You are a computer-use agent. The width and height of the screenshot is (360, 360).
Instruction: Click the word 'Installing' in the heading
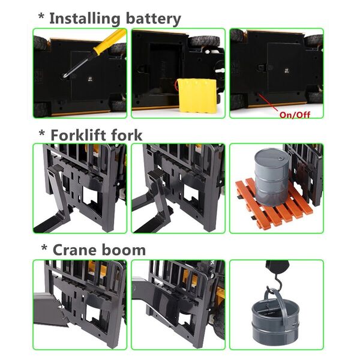[85, 19]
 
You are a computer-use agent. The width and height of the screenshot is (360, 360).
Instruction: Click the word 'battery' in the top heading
[154, 18]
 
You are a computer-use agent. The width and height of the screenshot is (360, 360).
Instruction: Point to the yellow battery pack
[197, 95]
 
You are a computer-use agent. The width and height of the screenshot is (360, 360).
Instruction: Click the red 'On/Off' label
[295, 115]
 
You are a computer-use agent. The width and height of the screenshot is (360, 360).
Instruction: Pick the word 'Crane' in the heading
[75, 250]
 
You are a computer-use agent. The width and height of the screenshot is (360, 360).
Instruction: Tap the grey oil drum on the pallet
[272, 177]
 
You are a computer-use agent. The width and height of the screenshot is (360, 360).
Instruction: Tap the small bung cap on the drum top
[281, 159]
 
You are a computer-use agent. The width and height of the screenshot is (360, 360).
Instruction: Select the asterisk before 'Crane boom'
[44, 248]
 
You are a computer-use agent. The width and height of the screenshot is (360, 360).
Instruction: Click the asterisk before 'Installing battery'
[41, 16]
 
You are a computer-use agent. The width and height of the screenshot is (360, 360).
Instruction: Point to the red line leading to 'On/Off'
[269, 103]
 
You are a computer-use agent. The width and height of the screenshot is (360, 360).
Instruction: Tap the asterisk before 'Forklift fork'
[42, 133]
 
